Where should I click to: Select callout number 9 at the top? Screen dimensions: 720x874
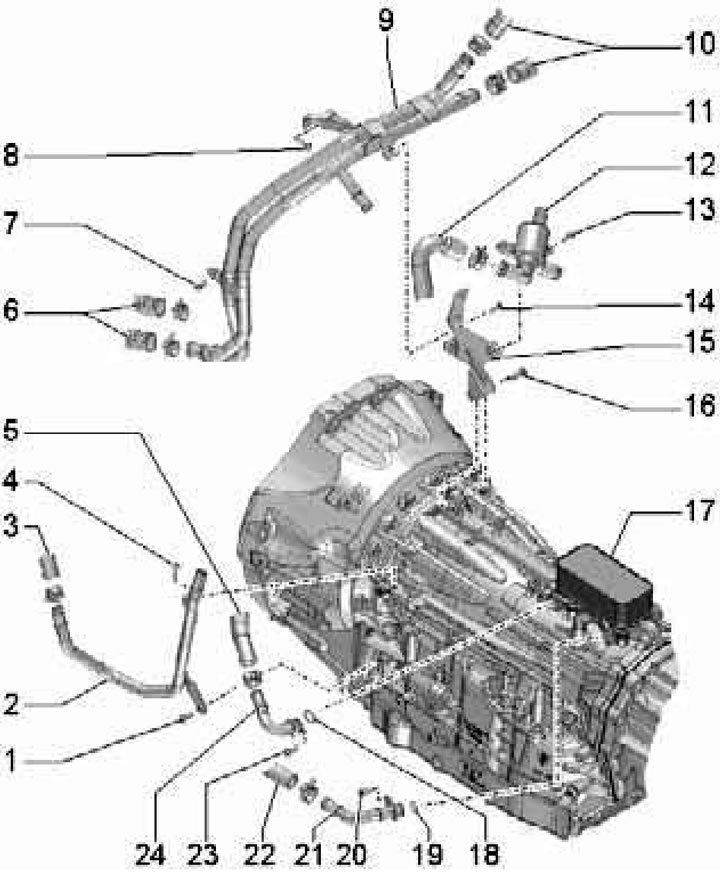pyautogui.click(x=386, y=20)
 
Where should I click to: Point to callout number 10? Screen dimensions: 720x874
pyautogui.click(x=699, y=43)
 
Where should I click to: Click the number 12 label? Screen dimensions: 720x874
pyautogui.click(x=699, y=165)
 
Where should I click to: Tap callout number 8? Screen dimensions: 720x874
pyautogui.click(x=11, y=156)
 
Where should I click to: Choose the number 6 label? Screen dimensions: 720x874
pyautogui.click(x=11, y=310)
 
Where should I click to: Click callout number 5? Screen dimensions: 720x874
pyautogui.click(x=11, y=431)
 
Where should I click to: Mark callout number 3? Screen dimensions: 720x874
pyautogui.click(x=11, y=528)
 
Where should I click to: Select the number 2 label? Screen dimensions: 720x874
pyautogui.click(x=11, y=705)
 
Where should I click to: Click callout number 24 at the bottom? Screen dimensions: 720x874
pyautogui.click(x=150, y=854)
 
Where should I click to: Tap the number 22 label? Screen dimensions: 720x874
pyautogui.click(x=259, y=854)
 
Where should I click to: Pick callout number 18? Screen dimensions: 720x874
pyautogui.click(x=484, y=854)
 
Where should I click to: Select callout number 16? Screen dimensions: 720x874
pyautogui.click(x=699, y=406)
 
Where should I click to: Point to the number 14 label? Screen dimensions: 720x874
pyautogui.click(x=699, y=302)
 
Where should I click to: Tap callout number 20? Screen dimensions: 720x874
pyautogui.click(x=351, y=854)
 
